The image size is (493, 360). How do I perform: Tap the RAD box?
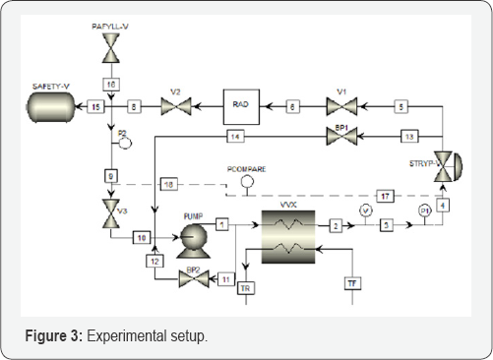coord(239,104)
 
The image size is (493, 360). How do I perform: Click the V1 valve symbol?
coord(340,104)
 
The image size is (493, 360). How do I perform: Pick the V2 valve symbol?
coord(176,104)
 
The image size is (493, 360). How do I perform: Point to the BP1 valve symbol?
coord(340,135)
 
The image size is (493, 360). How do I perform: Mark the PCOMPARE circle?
coord(247,181)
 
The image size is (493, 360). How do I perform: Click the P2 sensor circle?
coord(124,141)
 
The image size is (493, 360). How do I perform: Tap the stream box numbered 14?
coord(234,135)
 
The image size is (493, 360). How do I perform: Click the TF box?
coord(352,284)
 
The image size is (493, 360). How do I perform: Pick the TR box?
coord(246,287)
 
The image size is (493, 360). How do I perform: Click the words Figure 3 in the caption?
coord(55,336)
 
